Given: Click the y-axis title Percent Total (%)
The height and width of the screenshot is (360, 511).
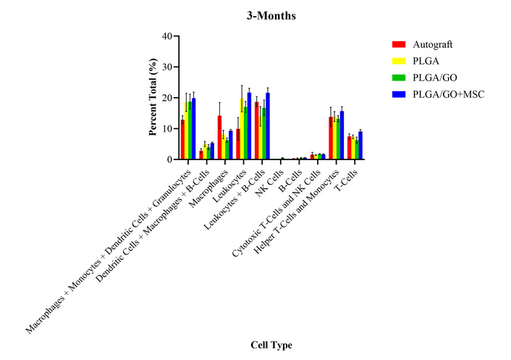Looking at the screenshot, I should [x=153, y=97].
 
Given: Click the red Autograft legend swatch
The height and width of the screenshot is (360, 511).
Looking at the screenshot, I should [x=397, y=44].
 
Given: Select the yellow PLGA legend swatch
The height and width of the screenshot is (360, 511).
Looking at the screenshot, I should [x=397, y=61].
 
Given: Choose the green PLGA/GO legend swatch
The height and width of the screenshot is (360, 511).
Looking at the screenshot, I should [x=397, y=78].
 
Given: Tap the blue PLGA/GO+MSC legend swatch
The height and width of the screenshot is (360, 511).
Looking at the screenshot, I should [x=397, y=94].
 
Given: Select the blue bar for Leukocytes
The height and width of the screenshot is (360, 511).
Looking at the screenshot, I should [x=250, y=126].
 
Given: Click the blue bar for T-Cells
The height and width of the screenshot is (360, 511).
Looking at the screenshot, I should [x=360, y=146].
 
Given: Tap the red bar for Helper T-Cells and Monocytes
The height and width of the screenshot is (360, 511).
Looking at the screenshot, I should [x=331, y=138].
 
